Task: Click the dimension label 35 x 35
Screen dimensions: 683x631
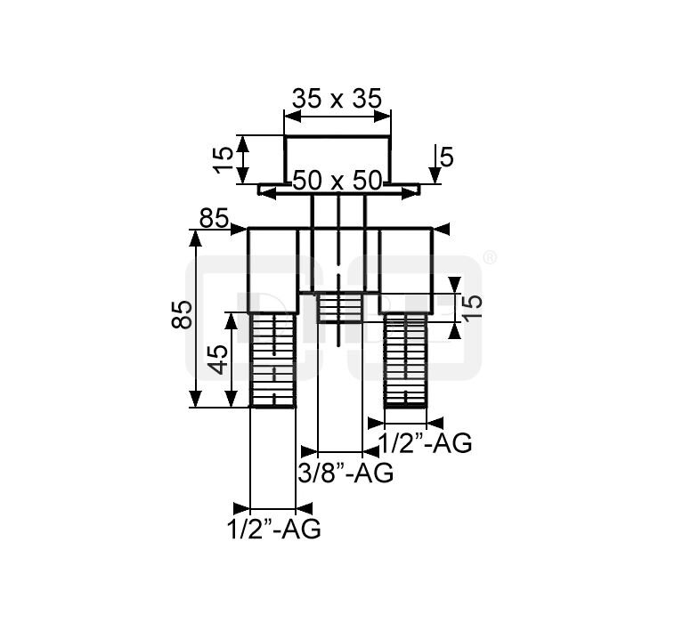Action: pyautogui.click(x=337, y=99)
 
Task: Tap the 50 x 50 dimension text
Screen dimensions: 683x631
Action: pyautogui.click(x=337, y=181)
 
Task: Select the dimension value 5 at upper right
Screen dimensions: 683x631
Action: pyautogui.click(x=447, y=158)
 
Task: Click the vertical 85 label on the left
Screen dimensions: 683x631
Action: pyautogui.click(x=182, y=314)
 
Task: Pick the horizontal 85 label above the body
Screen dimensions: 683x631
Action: pyautogui.click(x=214, y=218)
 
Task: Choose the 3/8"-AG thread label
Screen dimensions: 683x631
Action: pyautogui.click(x=346, y=473)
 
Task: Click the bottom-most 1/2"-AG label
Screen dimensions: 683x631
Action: pyautogui.click(x=274, y=530)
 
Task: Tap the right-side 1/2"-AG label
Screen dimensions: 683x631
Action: pyautogui.click(x=425, y=444)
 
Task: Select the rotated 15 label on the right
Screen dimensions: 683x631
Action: pyautogui.click(x=474, y=307)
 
